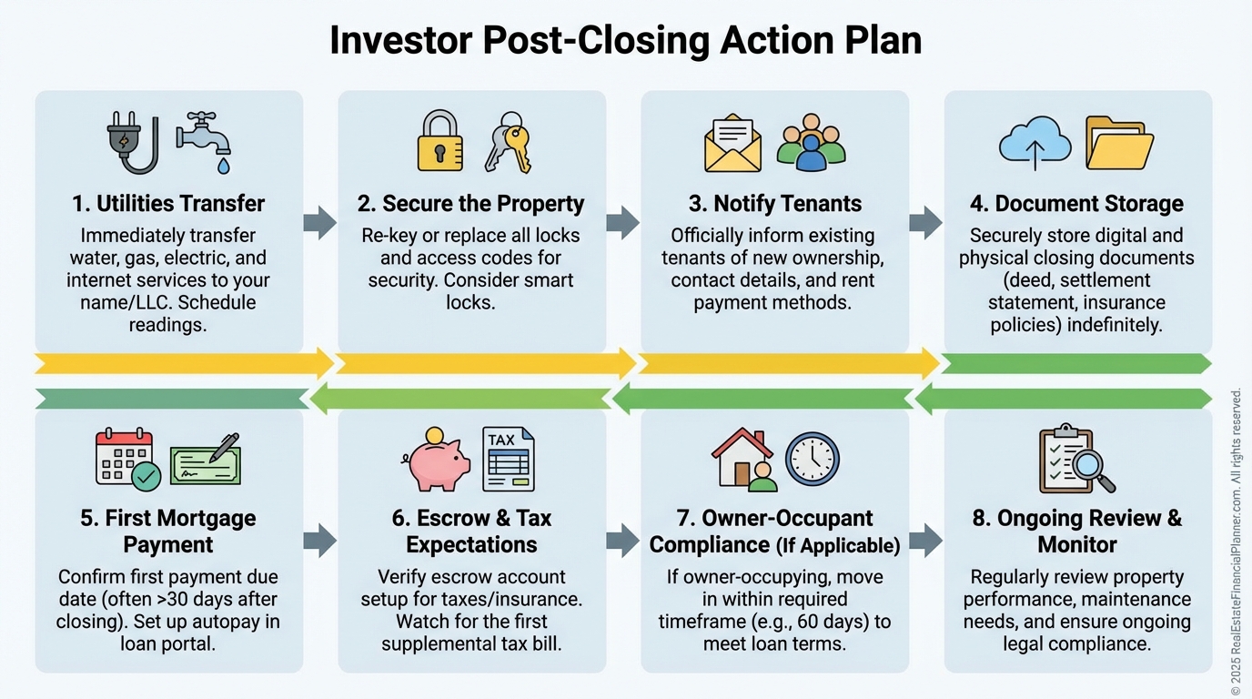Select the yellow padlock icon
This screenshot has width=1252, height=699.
[x=439, y=141]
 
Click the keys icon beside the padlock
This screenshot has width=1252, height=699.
[x=508, y=142]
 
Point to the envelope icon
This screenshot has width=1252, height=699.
[x=732, y=144]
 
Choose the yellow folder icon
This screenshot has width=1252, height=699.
[x=1119, y=143]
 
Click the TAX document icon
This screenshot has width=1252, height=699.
[x=508, y=460]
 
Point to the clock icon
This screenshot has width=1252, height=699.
[x=812, y=459]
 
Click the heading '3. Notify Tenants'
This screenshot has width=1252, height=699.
[x=774, y=204]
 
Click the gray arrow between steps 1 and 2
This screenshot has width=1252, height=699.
[x=319, y=222]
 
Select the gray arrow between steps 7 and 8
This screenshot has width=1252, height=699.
[x=925, y=540]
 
